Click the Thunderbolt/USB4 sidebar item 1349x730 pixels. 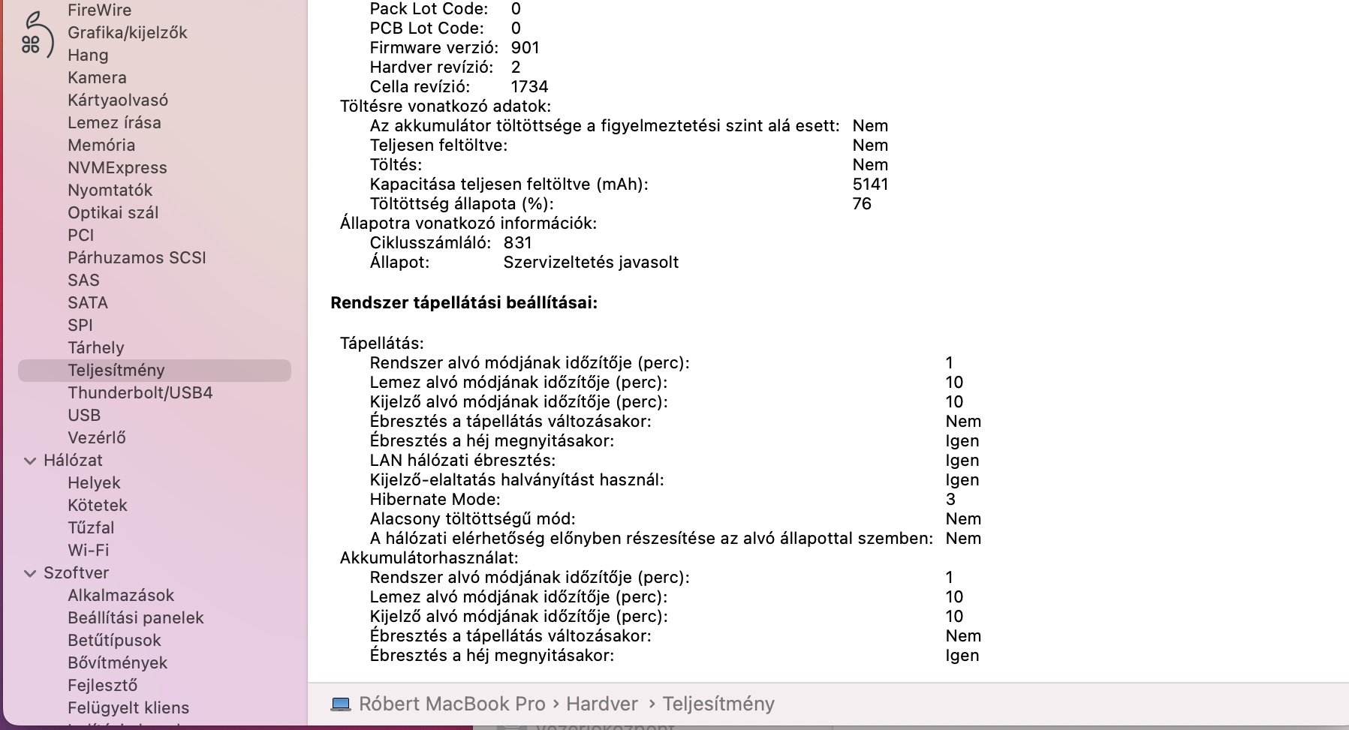140,392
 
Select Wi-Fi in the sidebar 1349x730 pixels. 88,550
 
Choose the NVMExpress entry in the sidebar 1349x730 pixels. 117,167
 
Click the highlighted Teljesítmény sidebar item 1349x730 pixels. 116,370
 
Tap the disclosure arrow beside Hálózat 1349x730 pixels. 30,461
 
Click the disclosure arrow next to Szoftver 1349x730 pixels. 30,573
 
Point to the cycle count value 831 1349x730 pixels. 517,242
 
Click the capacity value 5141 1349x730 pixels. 870,184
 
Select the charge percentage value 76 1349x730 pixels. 862,203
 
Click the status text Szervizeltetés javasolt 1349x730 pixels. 591,262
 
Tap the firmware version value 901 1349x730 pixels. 525,47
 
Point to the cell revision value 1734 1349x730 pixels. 529,86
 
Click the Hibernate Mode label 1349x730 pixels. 435,499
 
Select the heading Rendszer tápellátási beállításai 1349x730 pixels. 464,302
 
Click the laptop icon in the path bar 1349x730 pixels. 341,704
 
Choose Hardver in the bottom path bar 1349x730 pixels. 601,704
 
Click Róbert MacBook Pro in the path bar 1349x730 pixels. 452,704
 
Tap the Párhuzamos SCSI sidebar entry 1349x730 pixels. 137,257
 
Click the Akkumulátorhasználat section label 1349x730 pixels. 429,557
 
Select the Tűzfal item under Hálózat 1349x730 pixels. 91,527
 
